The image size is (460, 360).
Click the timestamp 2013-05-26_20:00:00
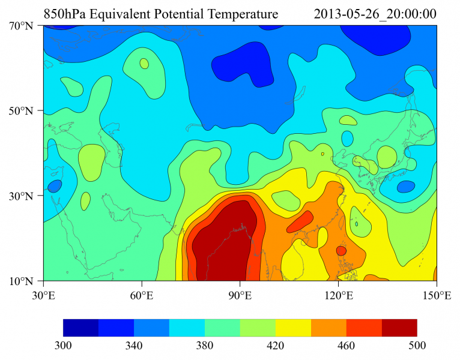(375, 13)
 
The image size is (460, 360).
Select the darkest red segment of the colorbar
(399, 327)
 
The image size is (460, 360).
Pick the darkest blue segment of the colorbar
(80, 327)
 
